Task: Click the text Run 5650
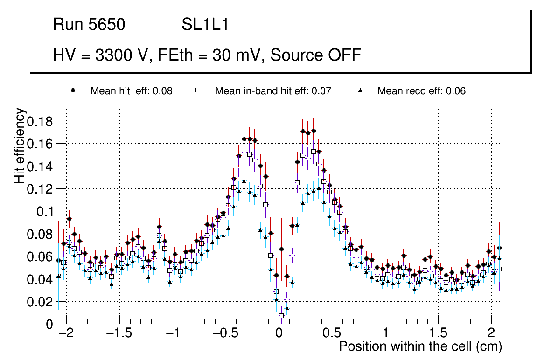pyautogui.click(x=89, y=25)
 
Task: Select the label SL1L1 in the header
pyautogui.click(x=205, y=25)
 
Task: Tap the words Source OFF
pyautogui.click(x=315, y=55)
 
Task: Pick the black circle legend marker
pyautogui.click(x=73, y=91)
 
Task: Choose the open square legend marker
pyautogui.click(x=197, y=91)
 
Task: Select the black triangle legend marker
pyautogui.click(x=360, y=91)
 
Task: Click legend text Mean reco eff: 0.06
pyautogui.click(x=421, y=91)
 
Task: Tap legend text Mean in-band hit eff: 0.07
pyautogui.click(x=273, y=91)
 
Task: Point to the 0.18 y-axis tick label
pyautogui.click(x=41, y=122)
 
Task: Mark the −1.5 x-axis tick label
pyautogui.click(x=119, y=334)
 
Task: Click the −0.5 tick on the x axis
pyautogui.click(x=225, y=334)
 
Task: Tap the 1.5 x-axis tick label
pyautogui.click(x=438, y=334)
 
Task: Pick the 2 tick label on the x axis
pyautogui.click(x=491, y=334)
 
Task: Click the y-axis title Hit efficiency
pyautogui.click(x=20, y=146)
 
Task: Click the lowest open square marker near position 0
pyautogui.click(x=281, y=316)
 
